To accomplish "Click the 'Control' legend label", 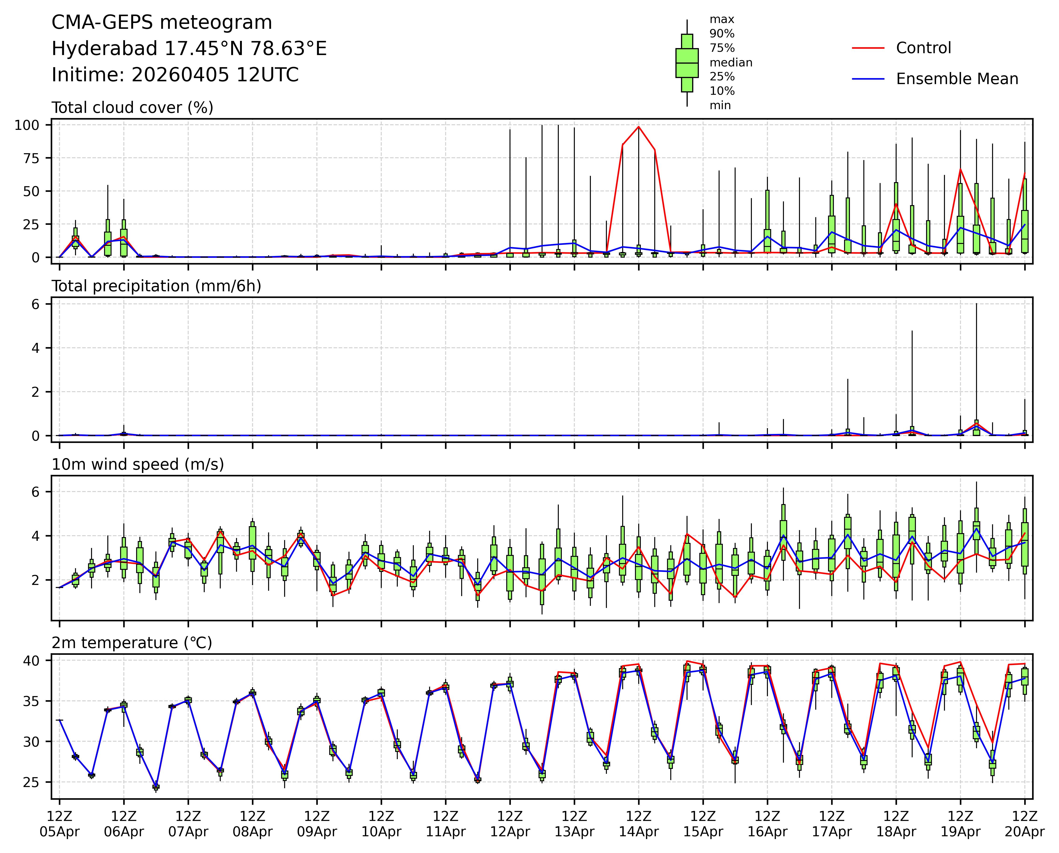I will coord(923,48).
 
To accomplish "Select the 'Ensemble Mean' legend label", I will coord(957,79).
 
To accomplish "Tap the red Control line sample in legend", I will coord(868,48).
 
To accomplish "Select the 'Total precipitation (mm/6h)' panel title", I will coord(156,286).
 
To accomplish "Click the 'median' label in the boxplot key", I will coord(731,62).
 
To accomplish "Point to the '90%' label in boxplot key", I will coord(722,34).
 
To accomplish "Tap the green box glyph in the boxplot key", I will coord(687,63).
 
